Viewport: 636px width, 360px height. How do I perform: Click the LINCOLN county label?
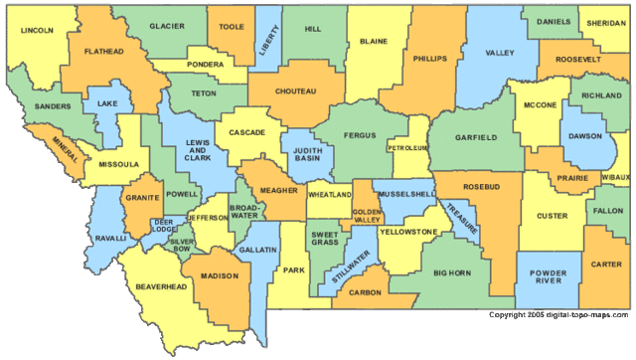[37, 31]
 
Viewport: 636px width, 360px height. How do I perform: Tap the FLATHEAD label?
[103, 50]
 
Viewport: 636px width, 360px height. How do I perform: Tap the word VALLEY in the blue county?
[498, 52]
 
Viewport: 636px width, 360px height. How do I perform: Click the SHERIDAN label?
[606, 22]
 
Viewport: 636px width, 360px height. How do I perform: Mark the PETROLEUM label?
[406, 147]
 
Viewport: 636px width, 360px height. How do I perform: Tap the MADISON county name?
[220, 275]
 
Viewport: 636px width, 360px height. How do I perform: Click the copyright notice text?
[558, 314]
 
